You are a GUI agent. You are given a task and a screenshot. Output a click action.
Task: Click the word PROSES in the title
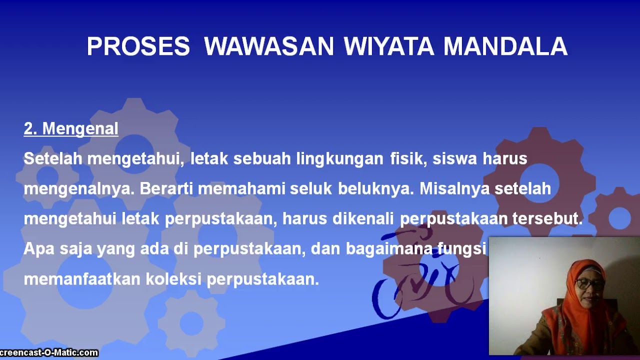(x=138, y=46)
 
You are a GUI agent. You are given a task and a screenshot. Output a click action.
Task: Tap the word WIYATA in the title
(x=389, y=46)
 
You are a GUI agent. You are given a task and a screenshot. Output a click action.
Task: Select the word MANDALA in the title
(x=505, y=46)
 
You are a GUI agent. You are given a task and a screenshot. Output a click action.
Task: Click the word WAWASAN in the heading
(x=268, y=46)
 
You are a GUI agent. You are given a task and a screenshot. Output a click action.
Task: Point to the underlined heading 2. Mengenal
(x=71, y=129)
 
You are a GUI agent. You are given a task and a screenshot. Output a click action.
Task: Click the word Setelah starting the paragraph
(x=53, y=159)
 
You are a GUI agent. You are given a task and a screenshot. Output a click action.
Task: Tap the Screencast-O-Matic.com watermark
(x=48, y=353)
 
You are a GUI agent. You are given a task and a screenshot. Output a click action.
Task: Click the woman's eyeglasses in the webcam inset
(x=589, y=283)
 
